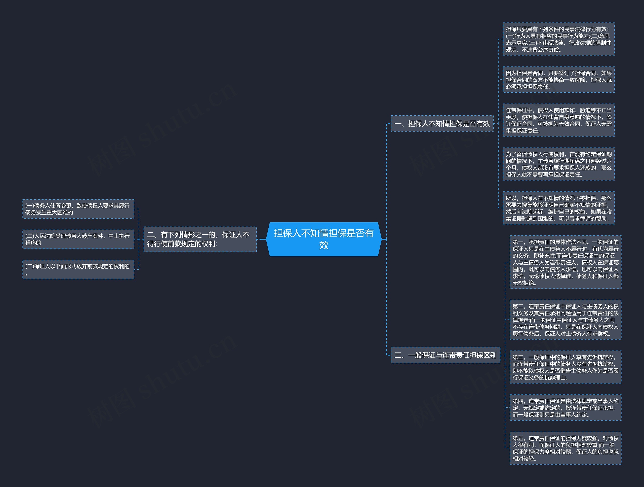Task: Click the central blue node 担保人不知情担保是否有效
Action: point(324,239)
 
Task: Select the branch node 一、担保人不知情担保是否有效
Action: point(442,124)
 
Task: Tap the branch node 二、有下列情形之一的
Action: point(200,239)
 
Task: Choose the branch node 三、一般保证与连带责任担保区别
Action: point(446,355)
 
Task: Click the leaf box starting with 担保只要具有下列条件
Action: point(558,39)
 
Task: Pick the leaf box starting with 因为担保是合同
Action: point(558,80)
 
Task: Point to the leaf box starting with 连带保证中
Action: point(558,120)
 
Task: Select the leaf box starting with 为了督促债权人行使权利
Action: point(558,164)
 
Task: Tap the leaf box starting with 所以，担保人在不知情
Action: point(558,208)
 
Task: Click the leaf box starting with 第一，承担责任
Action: point(566,262)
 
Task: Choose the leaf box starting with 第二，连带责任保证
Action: point(566,320)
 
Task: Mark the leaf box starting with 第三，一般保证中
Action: point(566,367)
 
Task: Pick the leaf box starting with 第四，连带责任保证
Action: point(566,407)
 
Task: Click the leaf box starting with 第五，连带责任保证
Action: point(566,448)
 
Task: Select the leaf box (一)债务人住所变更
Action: point(78,209)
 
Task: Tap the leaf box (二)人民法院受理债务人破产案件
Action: point(78,239)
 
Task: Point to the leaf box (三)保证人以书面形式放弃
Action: point(78,269)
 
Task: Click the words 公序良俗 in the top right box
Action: point(548,50)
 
